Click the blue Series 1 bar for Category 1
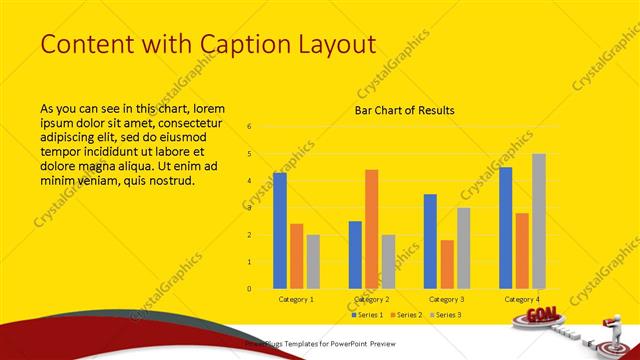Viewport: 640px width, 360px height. pyautogui.click(x=280, y=231)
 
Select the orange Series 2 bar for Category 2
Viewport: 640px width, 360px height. pyautogui.click(x=371, y=229)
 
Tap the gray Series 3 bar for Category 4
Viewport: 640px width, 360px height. pyautogui.click(x=539, y=221)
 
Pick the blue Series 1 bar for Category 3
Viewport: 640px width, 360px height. pyautogui.click(x=430, y=241)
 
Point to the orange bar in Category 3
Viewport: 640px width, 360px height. pyautogui.click(x=446, y=264)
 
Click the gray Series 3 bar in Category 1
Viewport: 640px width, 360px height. pyautogui.click(x=313, y=262)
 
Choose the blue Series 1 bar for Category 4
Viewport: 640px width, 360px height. pyautogui.click(x=506, y=228)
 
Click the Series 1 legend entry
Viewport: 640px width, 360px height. pyautogui.click(x=371, y=315)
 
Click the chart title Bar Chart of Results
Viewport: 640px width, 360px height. pyautogui.click(x=405, y=110)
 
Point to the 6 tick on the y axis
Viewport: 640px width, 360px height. pyautogui.click(x=249, y=127)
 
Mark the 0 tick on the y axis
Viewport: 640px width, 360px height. pyautogui.click(x=249, y=289)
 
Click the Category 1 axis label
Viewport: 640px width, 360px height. pyautogui.click(x=296, y=299)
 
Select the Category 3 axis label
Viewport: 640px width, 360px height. pyautogui.click(x=446, y=299)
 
